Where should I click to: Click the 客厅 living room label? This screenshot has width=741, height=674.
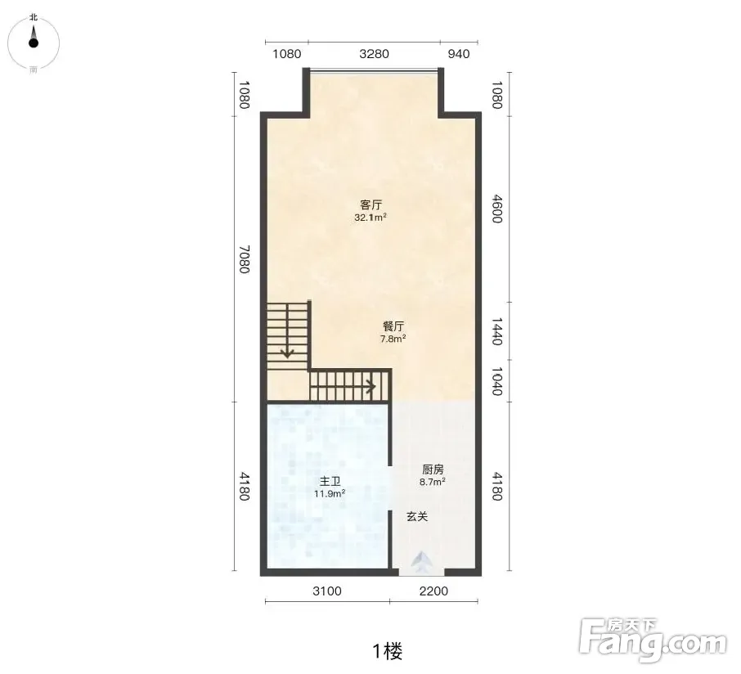(x=371, y=205)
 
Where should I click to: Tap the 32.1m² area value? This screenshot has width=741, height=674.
(x=371, y=218)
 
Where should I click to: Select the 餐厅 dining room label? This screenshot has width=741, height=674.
(x=393, y=326)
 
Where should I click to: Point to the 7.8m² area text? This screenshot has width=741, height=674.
(x=393, y=339)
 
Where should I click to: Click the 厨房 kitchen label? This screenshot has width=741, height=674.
(x=433, y=470)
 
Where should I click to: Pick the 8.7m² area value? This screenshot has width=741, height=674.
(x=433, y=482)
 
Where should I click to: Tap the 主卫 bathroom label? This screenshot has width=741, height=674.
(x=330, y=482)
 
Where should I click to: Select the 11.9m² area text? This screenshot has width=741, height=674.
(x=330, y=494)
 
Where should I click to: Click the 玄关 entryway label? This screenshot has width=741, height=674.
(x=417, y=517)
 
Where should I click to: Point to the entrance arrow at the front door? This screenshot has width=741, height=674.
(x=422, y=562)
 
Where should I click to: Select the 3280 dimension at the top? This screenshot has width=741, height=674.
(x=375, y=53)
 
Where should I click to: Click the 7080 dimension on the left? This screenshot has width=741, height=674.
(x=244, y=259)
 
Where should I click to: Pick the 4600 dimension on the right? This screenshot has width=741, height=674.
(x=496, y=209)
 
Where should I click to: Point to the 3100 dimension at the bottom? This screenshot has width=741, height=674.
(x=327, y=591)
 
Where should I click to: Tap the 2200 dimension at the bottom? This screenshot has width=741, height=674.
(x=433, y=591)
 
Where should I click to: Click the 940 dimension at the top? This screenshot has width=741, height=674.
(x=459, y=54)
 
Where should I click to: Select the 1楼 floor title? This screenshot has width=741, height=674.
(x=388, y=651)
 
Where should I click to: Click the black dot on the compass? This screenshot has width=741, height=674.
(x=33, y=43)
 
